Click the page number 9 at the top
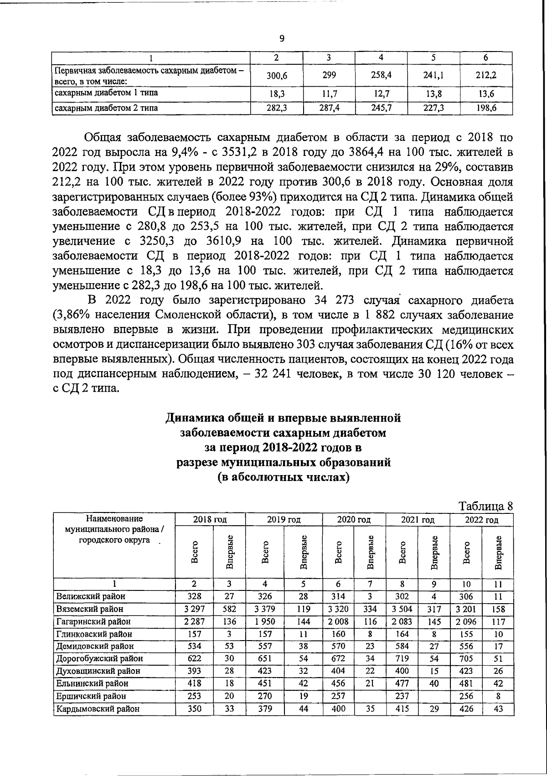click(x=281, y=39)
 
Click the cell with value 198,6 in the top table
click(x=486, y=108)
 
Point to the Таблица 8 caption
click(x=486, y=506)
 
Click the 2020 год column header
click(x=354, y=519)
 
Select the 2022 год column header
click(x=481, y=519)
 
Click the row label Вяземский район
click(x=90, y=609)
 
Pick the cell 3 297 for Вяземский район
click(x=194, y=609)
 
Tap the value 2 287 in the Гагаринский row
click(x=194, y=621)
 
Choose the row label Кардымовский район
click(x=98, y=709)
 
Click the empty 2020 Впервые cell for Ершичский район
click(x=370, y=696)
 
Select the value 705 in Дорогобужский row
click(x=466, y=658)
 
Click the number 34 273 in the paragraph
click(x=335, y=300)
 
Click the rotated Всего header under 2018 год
click(x=195, y=552)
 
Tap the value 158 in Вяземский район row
click(x=498, y=609)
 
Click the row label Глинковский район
click(x=94, y=634)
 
